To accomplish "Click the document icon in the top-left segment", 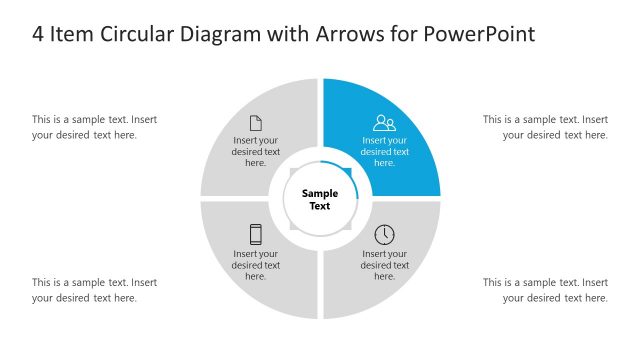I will click(256, 123).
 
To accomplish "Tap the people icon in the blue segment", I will click(385, 123).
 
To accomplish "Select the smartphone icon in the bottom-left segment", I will click(256, 234).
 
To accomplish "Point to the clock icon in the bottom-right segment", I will click(385, 234).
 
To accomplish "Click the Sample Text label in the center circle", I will click(320, 199).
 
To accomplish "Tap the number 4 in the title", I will click(38, 34).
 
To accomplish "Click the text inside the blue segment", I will click(385, 152).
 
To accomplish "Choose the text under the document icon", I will click(256, 152).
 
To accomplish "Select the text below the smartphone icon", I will click(256, 265).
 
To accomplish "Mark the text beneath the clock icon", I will click(385, 265).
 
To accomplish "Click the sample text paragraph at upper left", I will click(94, 127).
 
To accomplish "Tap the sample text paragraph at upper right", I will click(546, 127).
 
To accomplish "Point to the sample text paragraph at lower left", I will click(94, 290).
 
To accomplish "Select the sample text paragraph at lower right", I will click(546, 290).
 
